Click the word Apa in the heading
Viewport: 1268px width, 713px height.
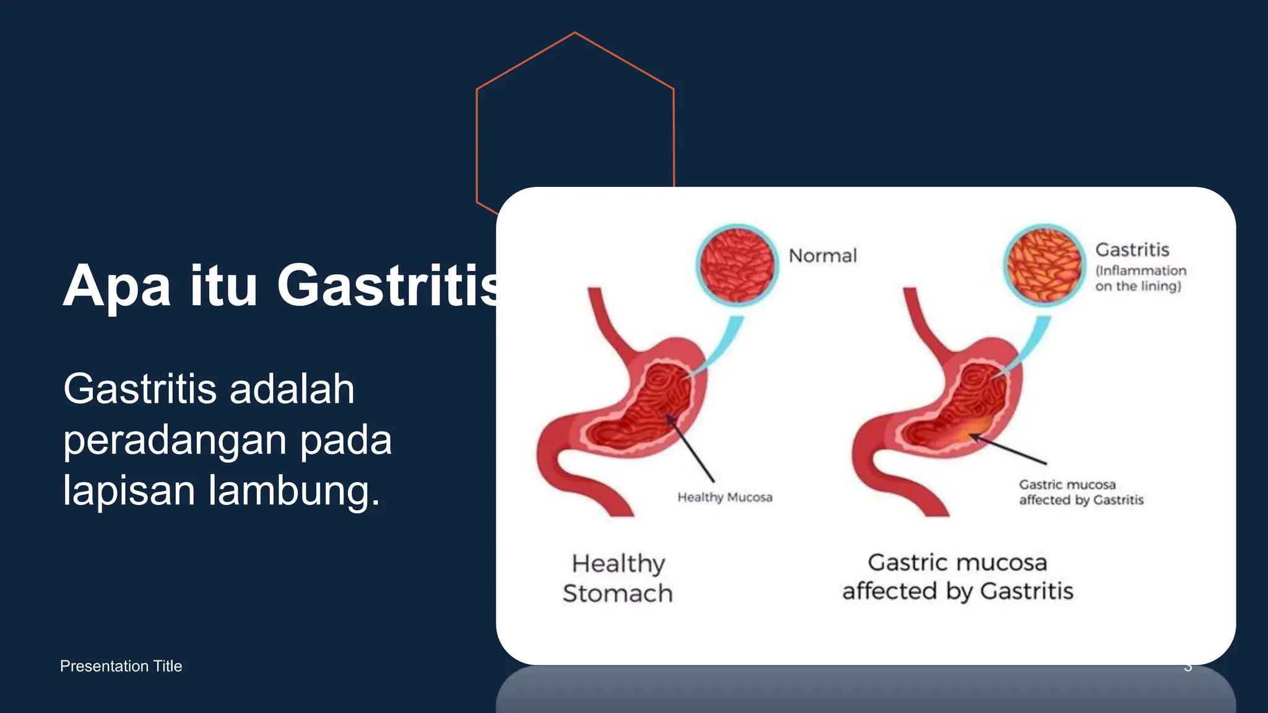[x=116, y=286]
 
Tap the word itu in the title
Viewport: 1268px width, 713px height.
[x=223, y=286]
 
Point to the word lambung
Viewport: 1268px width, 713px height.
[x=293, y=490]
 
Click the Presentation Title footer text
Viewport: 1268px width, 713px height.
[x=121, y=666]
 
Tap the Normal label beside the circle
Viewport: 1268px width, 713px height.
[x=822, y=256]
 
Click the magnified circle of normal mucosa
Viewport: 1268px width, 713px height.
[x=737, y=265]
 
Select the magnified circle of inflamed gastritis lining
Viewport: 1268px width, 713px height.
[x=1044, y=265]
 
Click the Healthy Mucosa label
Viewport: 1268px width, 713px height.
[x=724, y=497]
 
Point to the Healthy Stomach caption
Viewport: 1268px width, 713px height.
[x=617, y=578]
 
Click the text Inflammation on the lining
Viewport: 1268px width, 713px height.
[x=1140, y=279]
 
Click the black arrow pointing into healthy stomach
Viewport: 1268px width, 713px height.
[x=690, y=448]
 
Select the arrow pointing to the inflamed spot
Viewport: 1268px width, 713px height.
[x=1008, y=449]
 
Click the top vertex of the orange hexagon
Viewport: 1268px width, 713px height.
[x=575, y=33]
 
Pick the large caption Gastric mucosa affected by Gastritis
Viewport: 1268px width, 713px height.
[x=957, y=577]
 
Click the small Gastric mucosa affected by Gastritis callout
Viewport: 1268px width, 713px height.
[x=1080, y=492]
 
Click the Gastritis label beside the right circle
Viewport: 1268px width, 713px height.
[x=1132, y=249]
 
